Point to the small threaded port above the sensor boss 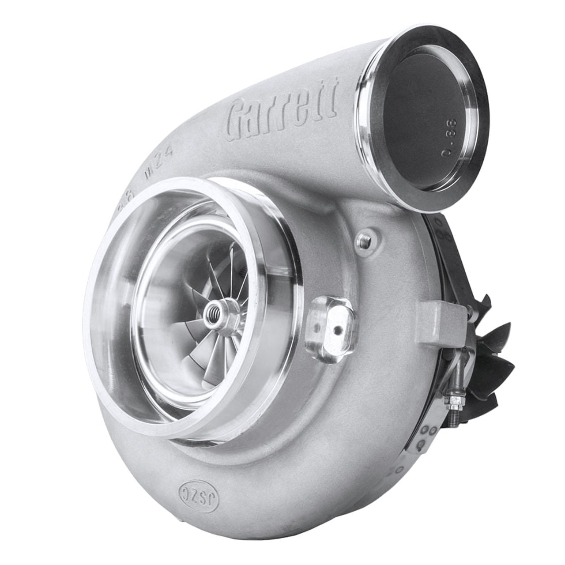[x=364, y=240]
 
